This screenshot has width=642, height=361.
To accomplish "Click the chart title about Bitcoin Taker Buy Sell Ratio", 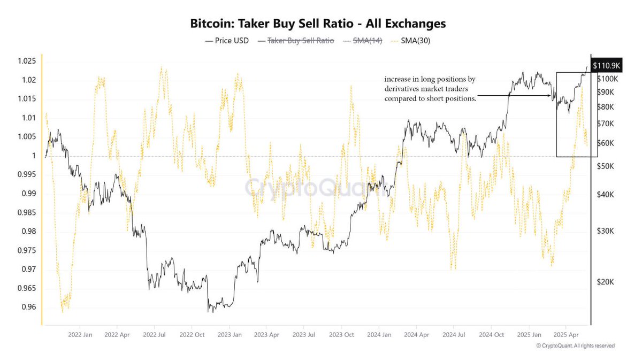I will pos(318,24).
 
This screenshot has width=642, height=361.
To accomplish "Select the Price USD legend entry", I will pos(227,41).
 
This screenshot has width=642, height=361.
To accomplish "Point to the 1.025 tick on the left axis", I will pos(27,61).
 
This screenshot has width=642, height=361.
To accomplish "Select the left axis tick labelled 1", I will pos(34,156).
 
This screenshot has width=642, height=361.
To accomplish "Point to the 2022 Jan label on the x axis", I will pos(80,335).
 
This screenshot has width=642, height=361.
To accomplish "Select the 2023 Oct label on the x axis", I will pos(341,335).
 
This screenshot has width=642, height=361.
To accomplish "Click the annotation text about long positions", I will pos(430,89).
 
